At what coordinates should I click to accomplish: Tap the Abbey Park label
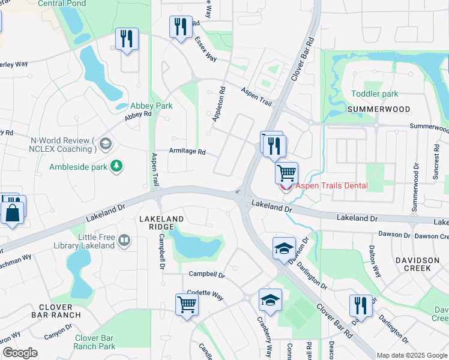tap(152, 106)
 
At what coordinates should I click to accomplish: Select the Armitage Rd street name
tap(187, 151)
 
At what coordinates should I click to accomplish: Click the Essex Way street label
tap(206, 49)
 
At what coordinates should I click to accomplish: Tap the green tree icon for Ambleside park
tap(116, 165)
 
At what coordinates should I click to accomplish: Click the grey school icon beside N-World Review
tap(105, 143)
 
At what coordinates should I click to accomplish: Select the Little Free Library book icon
tap(124, 241)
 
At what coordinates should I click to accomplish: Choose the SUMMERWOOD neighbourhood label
tap(379, 109)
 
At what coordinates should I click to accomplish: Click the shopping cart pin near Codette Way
tap(187, 304)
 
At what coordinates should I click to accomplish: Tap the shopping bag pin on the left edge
tap(13, 213)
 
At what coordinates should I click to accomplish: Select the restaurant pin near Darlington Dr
tap(360, 305)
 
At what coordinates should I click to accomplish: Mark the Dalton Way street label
tap(375, 263)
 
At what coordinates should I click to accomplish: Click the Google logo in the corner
tap(20, 352)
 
